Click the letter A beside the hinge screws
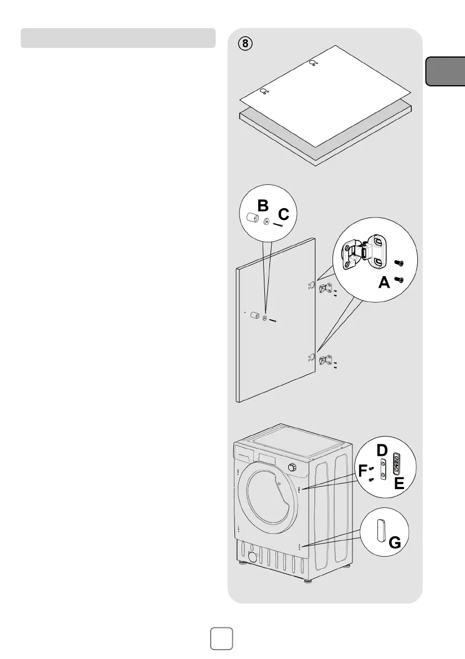[x=384, y=284]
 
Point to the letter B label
[x=263, y=206]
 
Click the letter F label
[x=362, y=471]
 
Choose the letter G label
[x=395, y=543]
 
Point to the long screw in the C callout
[x=277, y=224]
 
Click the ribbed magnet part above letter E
[x=396, y=463]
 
